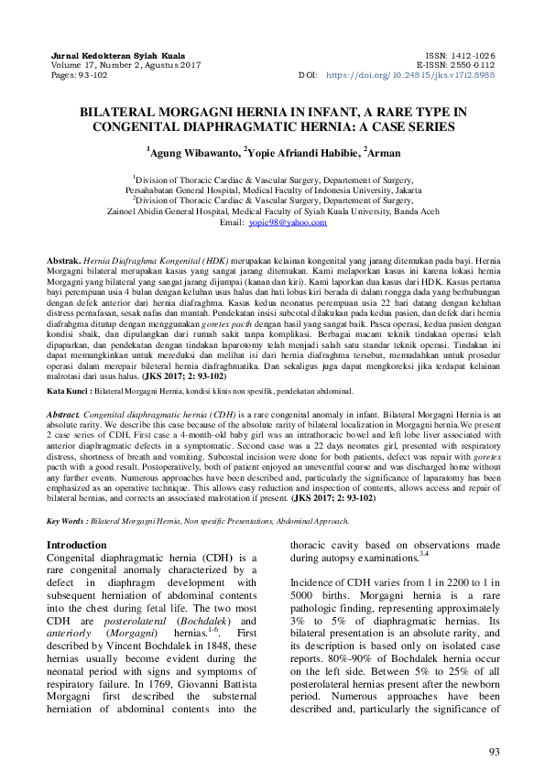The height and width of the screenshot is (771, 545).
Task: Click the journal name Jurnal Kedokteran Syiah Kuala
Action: pos(105,55)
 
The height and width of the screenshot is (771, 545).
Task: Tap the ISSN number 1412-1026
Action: pos(474,55)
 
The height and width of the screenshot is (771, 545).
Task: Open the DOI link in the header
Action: pos(410,75)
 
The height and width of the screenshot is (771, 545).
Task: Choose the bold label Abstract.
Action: pos(64,414)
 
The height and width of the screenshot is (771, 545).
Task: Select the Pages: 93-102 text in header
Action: pos(80,75)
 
